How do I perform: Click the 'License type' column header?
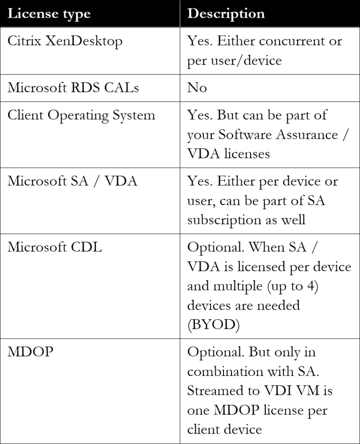[49, 14]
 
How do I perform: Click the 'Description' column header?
[226, 14]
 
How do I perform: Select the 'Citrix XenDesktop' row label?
[65, 41]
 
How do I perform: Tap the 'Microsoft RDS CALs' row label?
[73, 87]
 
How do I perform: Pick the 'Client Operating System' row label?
[81, 115]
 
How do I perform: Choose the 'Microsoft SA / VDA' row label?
[72, 181]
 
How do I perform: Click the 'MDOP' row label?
[30, 351]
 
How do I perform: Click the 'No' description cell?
[197, 88]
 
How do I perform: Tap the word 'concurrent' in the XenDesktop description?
[291, 41]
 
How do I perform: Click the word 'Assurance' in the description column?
[307, 134]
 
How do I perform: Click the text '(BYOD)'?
[213, 324]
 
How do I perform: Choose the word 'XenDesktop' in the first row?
[84, 41]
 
